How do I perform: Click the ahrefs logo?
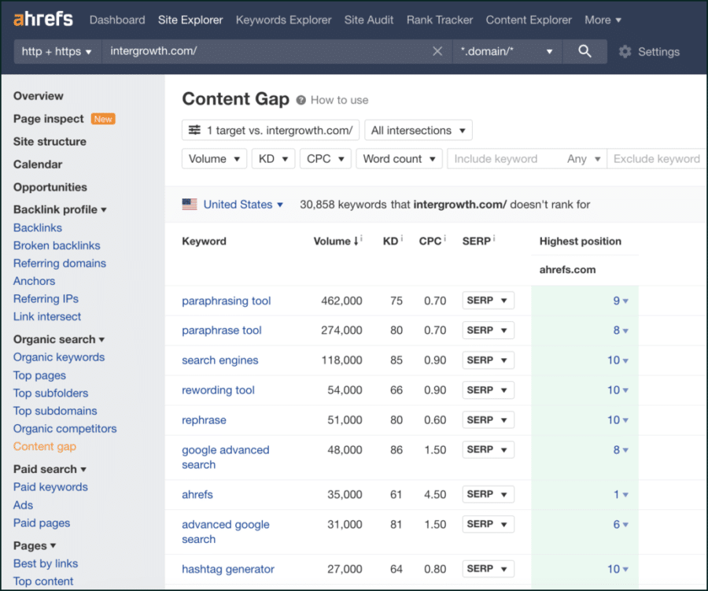tap(43, 19)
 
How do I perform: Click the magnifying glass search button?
tap(584, 51)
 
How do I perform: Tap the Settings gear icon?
tap(625, 52)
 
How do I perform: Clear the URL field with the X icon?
tap(437, 51)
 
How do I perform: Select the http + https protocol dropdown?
tap(57, 51)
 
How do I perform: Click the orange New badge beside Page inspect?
tap(103, 119)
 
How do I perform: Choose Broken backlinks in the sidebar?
tap(57, 246)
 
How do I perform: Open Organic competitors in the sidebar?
tap(65, 429)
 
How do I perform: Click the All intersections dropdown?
tap(418, 131)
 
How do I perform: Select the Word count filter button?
tap(399, 159)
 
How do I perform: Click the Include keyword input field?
tap(503, 159)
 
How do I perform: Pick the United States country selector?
tap(237, 205)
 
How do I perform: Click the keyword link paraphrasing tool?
tap(226, 301)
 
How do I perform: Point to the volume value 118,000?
tap(341, 360)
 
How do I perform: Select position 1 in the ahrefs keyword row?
tap(617, 495)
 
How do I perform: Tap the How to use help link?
tap(338, 100)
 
